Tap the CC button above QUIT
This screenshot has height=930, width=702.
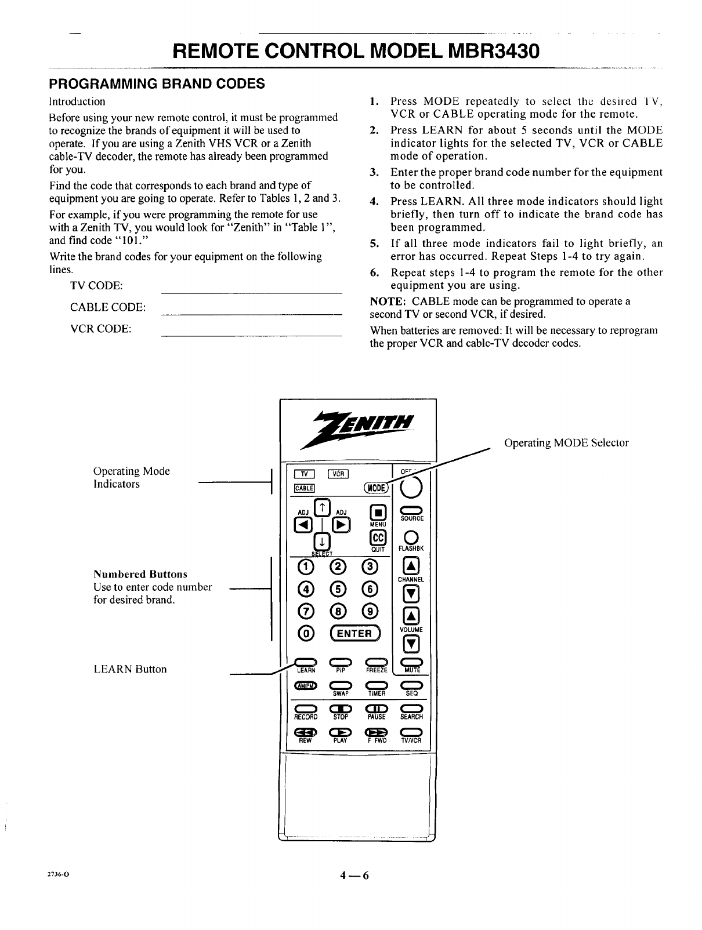click(378, 536)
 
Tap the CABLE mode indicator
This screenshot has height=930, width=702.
click(305, 488)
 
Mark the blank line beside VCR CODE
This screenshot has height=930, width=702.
click(250, 335)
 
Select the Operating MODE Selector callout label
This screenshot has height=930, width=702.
click(566, 443)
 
